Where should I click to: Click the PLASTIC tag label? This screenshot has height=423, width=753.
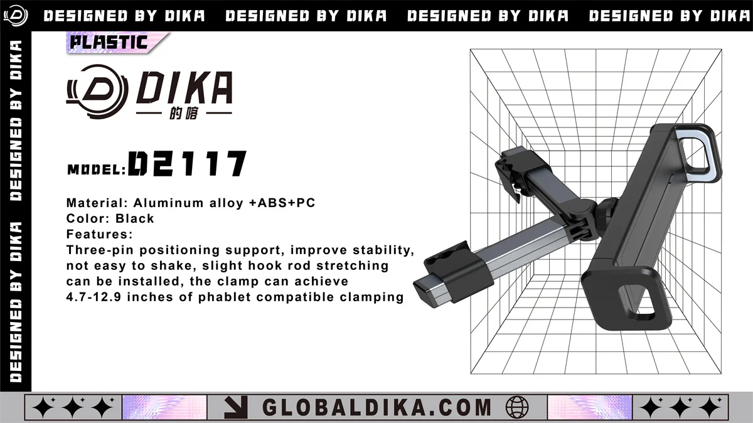click(109, 43)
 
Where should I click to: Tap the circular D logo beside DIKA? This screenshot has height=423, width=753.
click(97, 92)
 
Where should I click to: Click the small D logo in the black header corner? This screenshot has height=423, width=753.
click(16, 16)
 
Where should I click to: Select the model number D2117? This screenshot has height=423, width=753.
click(187, 163)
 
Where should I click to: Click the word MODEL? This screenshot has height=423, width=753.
click(97, 170)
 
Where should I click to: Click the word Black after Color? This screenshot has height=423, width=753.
click(134, 218)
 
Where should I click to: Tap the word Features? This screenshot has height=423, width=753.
click(100, 234)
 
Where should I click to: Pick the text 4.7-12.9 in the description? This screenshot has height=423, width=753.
click(93, 297)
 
